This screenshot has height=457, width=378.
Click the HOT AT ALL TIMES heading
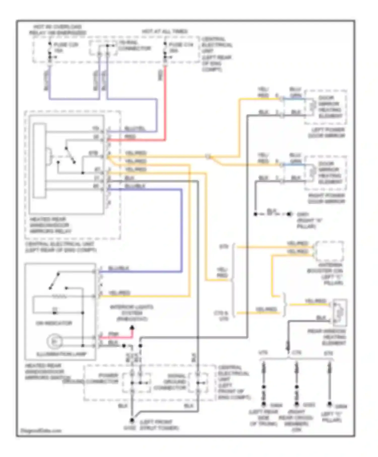[x=165, y=31]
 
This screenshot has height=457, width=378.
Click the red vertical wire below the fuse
[x=165, y=101]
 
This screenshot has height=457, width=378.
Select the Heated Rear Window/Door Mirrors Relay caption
[x=50, y=225]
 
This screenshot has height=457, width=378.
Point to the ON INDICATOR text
[x=54, y=323]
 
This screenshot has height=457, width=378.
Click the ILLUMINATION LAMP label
[x=62, y=354]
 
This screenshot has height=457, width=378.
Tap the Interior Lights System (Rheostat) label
[x=132, y=313]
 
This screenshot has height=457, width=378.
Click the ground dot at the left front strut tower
[x=132, y=420]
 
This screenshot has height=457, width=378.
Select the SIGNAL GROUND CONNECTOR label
[x=170, y=382]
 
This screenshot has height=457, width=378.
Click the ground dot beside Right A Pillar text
[x=289, y=214]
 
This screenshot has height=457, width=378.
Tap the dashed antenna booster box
[x=329, y=251]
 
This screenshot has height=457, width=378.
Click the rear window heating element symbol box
[x=340, y=312]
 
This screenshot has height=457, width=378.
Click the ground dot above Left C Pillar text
[x=329, y=404]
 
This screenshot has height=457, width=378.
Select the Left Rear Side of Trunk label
[x=264, y=418]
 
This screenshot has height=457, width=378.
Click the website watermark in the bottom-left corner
[x=41, y=430]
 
